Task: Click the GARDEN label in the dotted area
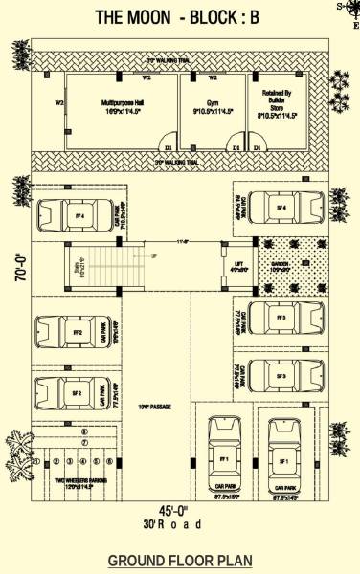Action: tap(281, 266)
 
